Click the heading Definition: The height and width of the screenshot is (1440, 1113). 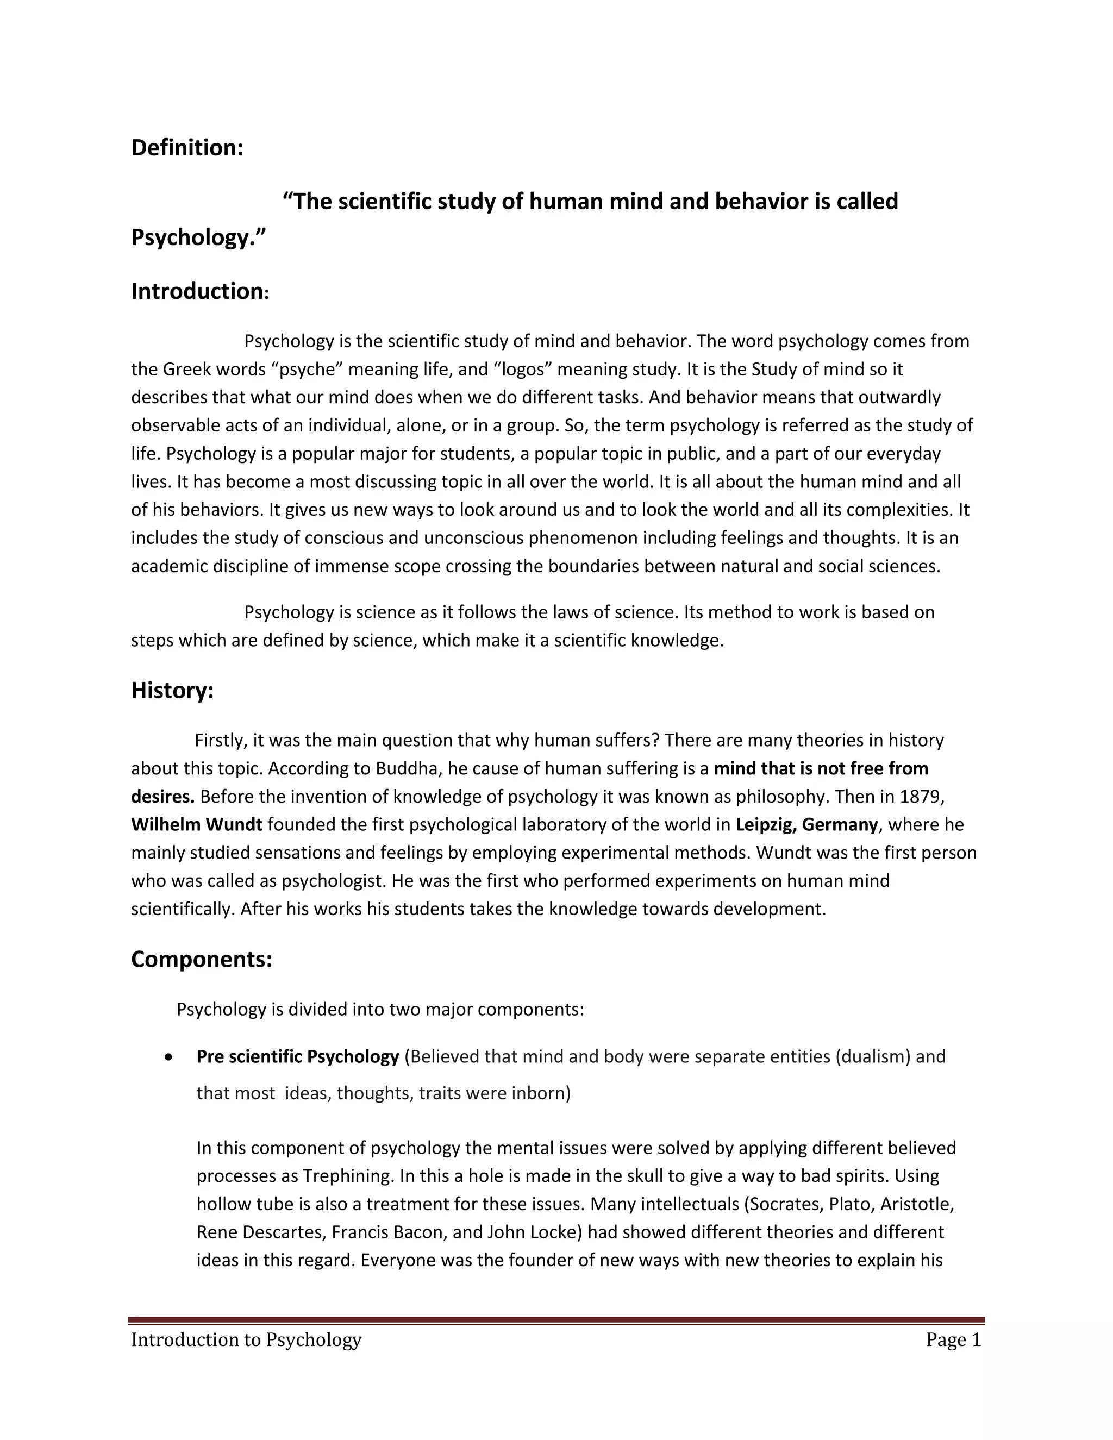click(187, 148)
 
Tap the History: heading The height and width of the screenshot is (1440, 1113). click(172, 690)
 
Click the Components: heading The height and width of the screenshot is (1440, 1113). click(201, 959)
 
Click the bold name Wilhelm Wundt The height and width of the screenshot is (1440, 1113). click(197, 824)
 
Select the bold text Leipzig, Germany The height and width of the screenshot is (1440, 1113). click(806, 824)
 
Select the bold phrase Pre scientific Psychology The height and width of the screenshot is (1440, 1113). click(297, 1056)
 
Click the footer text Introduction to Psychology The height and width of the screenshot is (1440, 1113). click(246, 1340)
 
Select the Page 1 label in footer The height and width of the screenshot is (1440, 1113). click(953, 1340)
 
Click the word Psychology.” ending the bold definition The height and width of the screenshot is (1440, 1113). click(198, 237)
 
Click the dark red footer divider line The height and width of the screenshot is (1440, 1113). click(556, 1320)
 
